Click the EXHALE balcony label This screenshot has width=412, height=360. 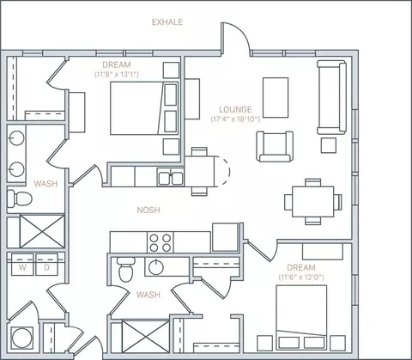167,22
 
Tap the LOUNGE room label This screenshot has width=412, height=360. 235,110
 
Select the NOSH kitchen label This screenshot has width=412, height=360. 148,210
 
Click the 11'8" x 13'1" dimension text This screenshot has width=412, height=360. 117,75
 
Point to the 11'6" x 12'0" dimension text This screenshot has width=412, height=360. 301,278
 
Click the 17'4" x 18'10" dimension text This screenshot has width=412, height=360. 235,119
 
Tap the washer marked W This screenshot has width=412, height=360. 22,265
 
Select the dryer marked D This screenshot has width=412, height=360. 46,265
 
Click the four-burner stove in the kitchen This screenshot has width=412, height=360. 161,242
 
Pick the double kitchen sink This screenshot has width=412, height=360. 171,177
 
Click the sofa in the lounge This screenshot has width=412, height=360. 331,97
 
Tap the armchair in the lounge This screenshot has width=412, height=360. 275,147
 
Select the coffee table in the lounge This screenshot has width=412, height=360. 276,97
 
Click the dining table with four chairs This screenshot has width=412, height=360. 313,202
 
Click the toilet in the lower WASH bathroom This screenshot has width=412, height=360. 125,270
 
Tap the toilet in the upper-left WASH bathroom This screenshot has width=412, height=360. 20,198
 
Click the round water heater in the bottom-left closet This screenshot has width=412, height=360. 21,339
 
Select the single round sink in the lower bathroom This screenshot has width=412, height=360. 156,267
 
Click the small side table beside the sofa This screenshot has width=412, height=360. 329,145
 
